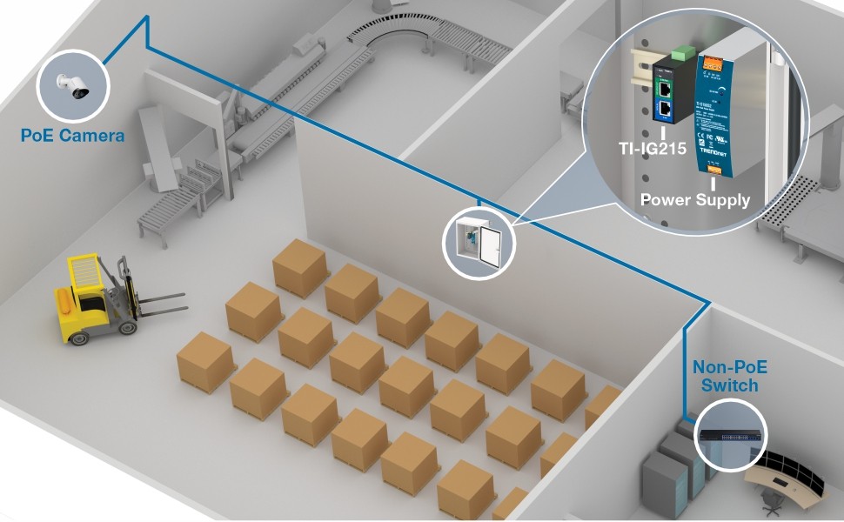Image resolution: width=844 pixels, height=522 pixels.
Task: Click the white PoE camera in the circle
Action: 71,85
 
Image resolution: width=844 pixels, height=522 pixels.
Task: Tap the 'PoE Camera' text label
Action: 73,135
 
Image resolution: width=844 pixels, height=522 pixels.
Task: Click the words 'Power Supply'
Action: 694,199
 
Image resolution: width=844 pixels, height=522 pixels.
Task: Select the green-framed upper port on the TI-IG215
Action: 665,88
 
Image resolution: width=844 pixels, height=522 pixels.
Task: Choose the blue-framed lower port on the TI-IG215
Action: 666,110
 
